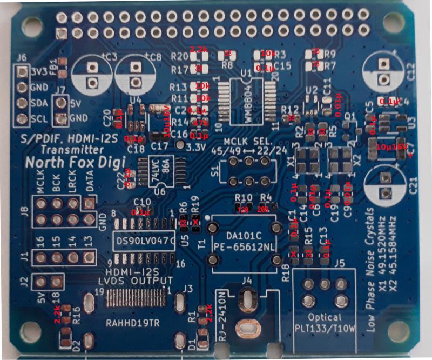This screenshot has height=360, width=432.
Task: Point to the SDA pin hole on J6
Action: (x=22, y=103)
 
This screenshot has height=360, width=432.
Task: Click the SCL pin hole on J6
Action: (x=22, y=118)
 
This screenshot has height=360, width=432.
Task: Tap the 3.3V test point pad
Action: (x=179, y=145)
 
